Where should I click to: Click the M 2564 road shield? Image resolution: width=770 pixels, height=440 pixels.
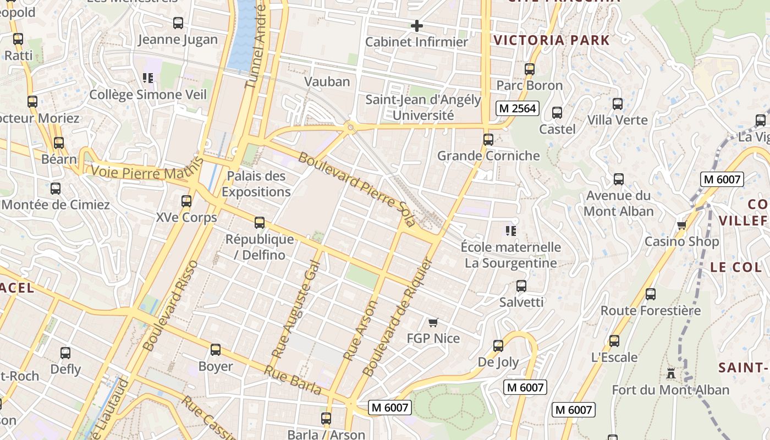[517, 108]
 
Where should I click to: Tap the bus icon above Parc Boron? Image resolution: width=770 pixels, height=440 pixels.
[530, 69]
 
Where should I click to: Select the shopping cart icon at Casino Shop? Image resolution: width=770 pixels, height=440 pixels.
[682, 225]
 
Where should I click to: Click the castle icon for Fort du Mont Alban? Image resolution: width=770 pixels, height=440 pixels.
[671, 373]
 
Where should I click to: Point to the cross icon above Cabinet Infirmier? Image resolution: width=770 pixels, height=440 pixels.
[417, 25]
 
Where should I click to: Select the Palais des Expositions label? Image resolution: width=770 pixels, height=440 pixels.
[256, 184]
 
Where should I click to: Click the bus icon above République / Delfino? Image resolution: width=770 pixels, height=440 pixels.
[260, 223]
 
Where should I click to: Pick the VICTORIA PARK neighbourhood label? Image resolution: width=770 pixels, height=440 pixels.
[552, 40]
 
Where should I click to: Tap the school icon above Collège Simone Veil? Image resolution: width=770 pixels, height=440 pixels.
[147, 78]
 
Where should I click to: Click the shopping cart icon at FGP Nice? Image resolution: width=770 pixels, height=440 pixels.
[433, 322]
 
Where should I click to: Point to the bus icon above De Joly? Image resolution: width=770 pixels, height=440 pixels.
[498, 346]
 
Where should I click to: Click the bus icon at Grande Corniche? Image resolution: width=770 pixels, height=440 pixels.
[488, 140]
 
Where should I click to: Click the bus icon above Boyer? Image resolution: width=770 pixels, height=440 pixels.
[216, 350]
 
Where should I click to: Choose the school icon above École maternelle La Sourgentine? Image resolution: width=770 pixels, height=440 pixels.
[511, 230]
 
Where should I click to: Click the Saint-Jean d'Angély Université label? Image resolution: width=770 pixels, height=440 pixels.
[423, 108]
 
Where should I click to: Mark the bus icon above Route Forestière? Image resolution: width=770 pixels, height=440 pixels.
[651, 294]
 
